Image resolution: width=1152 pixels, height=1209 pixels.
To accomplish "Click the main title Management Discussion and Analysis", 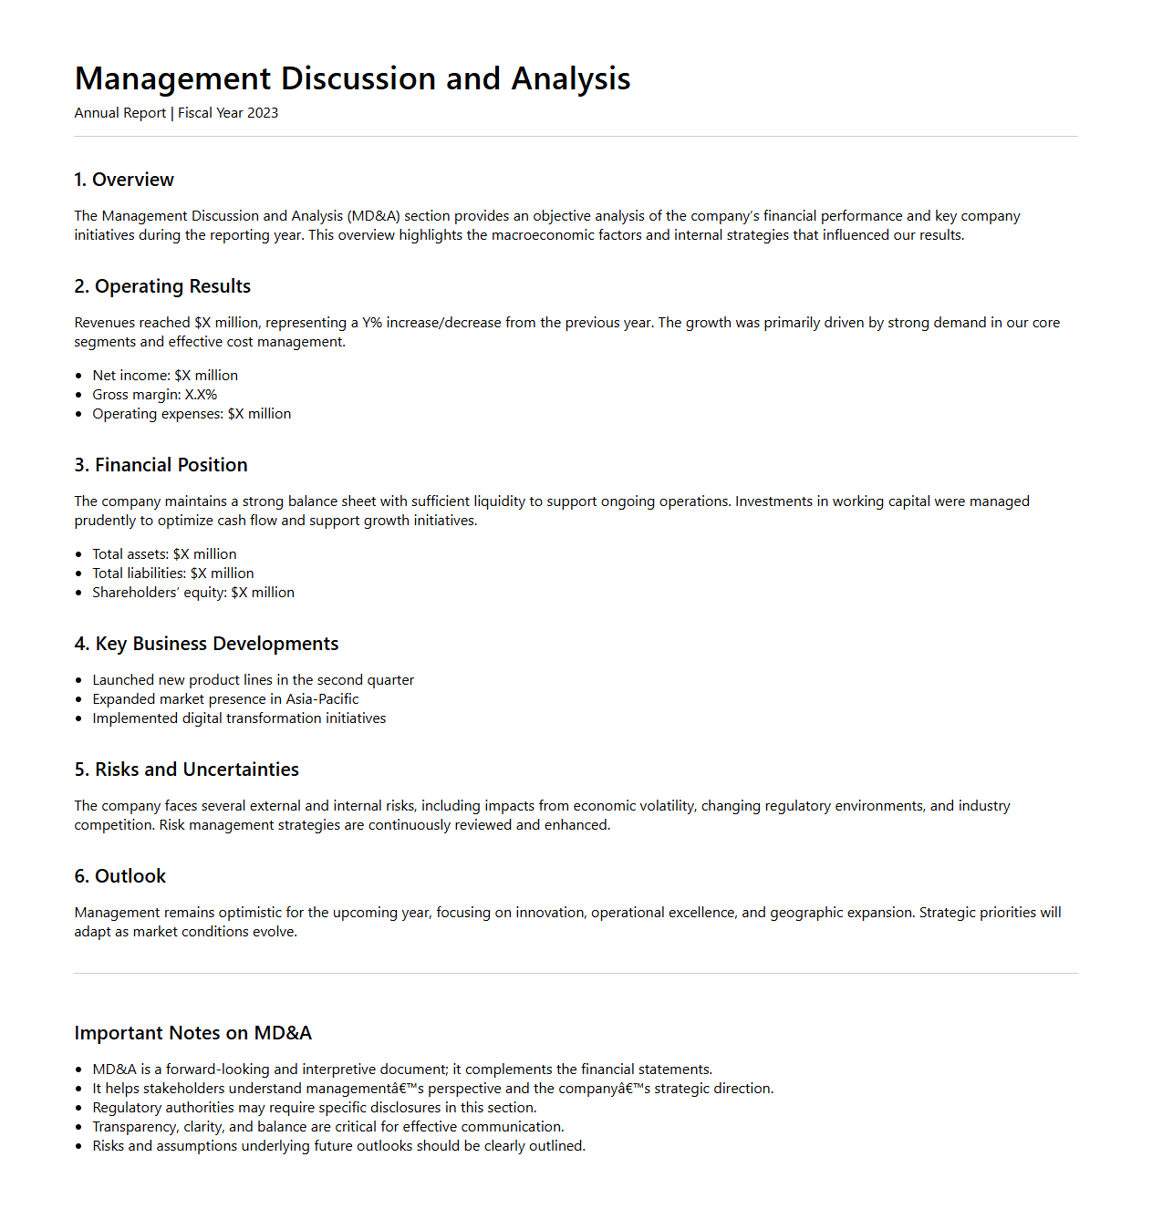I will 352,79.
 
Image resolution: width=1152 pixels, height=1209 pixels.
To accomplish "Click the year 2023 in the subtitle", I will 263,113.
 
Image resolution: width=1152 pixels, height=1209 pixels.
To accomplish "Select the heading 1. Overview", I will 124,180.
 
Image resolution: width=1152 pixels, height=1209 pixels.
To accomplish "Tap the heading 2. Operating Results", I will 162,286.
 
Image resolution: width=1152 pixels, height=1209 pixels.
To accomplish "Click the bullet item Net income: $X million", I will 165,376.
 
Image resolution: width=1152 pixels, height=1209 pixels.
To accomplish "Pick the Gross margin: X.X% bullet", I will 155,395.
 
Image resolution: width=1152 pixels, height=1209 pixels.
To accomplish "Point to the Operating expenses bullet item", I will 192,414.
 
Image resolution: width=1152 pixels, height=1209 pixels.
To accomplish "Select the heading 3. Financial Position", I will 161,465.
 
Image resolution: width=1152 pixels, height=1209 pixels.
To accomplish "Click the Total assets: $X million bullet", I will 164,554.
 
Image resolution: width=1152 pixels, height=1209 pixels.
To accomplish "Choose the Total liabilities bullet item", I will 173,573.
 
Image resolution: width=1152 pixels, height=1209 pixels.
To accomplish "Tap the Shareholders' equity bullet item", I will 193,593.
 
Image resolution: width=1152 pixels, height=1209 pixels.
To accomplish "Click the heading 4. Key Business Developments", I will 206,644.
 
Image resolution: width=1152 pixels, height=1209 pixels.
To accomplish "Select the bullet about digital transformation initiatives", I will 239,718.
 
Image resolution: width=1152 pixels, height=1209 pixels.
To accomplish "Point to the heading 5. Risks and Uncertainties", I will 186,770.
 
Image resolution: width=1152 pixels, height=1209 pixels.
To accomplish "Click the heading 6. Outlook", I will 120,876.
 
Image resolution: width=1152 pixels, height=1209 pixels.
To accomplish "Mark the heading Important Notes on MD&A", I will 192,1033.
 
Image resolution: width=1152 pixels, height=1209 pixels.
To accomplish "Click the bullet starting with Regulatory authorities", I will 315,1108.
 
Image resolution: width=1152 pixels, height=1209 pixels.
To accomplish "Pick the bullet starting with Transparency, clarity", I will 328,1127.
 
